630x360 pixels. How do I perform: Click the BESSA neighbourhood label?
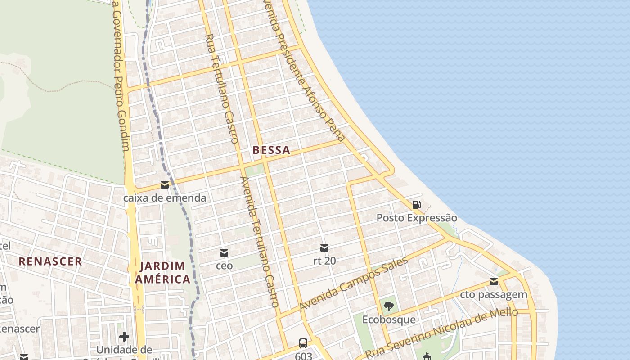click(x=271, y=150)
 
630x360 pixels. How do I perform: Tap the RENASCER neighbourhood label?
click(x=50, y=261)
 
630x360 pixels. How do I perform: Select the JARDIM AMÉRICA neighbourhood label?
click(x=162, y=273)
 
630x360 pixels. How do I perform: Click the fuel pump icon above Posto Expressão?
click(x=417, y=205)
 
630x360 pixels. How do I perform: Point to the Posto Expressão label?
click(x=417, y=218)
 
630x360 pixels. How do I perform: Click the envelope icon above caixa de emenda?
click(x=165, y=185)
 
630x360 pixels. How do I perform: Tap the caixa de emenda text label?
click(x=165, y=198)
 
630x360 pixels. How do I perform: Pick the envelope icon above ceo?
click(x=224, y=252)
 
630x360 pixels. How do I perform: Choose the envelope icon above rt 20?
click(x=324, y=247)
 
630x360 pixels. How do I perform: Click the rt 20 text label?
click(x=324, y=261)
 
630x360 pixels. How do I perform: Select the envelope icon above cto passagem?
click(x=494, y=282)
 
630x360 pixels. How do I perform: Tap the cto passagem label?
click(x=494, y=295)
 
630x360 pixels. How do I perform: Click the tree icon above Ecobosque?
click(x=389, y=307)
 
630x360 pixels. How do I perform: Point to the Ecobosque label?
click(x=389, y=320)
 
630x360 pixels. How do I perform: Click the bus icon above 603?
click(x=303, y=343)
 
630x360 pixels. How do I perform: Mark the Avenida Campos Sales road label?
click(x=353, y=283)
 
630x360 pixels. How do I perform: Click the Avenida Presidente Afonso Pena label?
click(x=306, y=72)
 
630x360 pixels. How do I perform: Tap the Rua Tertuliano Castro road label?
click(x=221, y=88)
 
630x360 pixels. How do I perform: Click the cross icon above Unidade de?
click(x=124, y=337)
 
